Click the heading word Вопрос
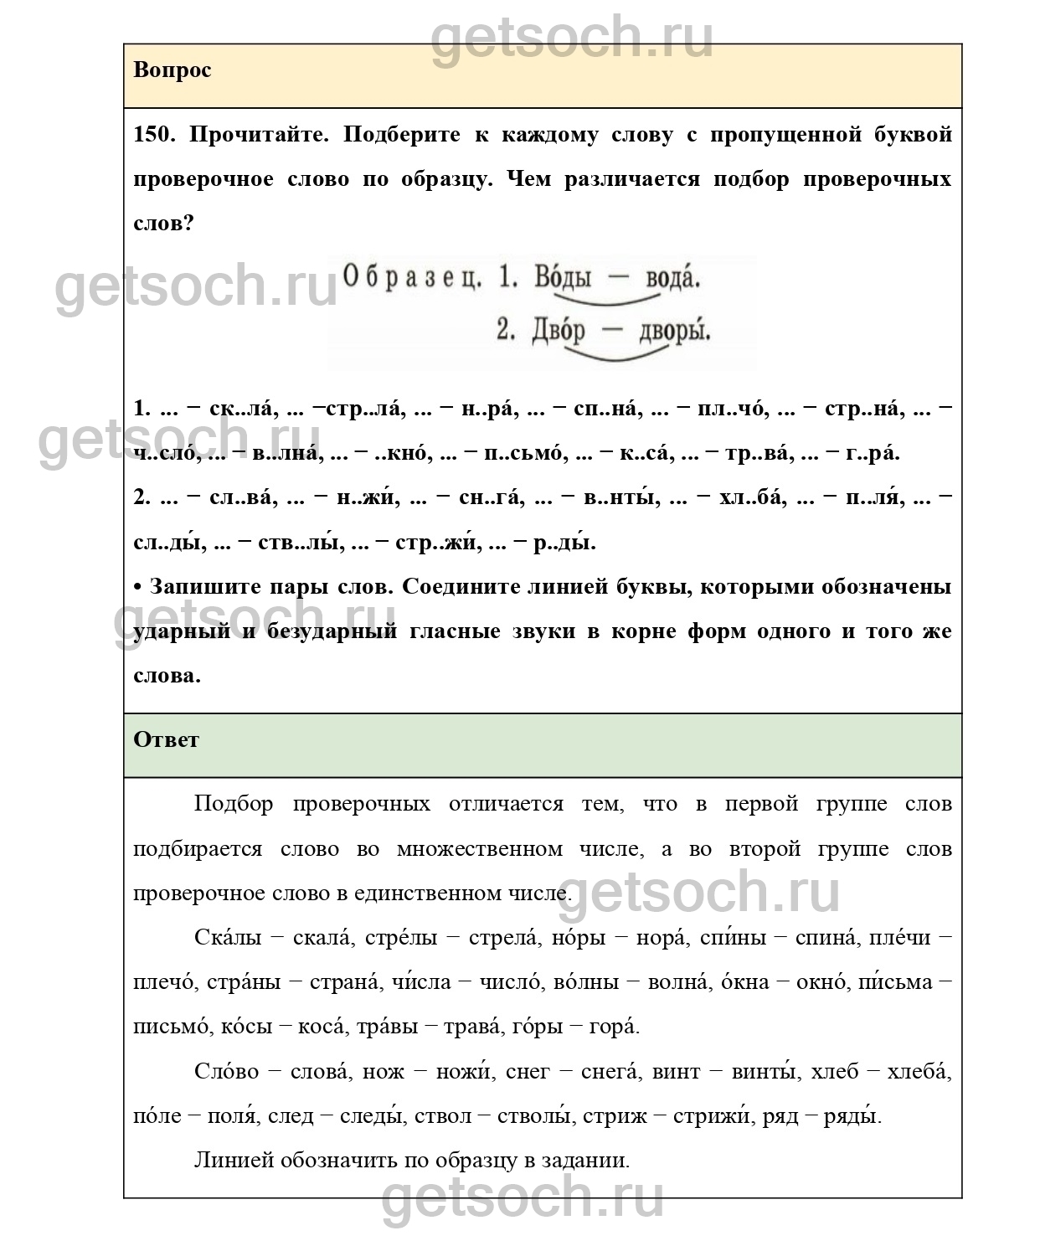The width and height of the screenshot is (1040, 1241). coord(172,70)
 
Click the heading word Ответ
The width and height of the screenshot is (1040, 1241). coord(166,740)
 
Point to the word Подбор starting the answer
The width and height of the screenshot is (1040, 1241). coord(234,805)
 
